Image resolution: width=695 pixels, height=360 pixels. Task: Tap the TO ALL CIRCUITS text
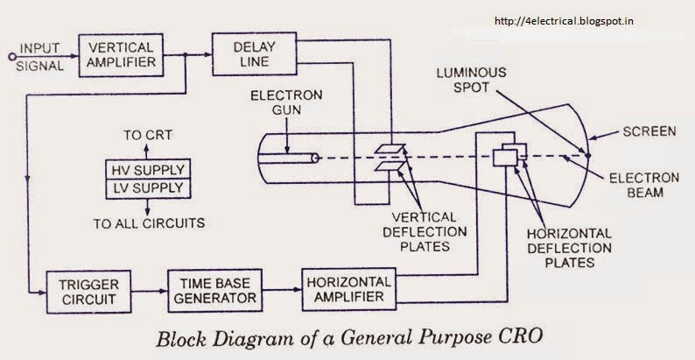point(149,222)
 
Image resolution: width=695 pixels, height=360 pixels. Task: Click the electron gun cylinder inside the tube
point(290,159)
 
